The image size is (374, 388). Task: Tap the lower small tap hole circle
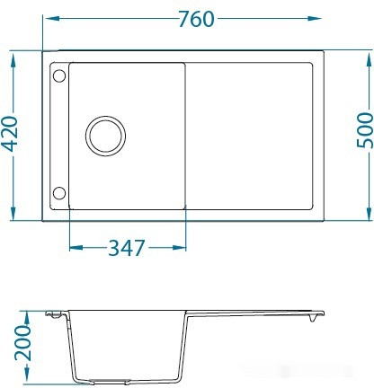(58, 193)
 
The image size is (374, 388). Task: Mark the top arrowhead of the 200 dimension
(27, 315)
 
